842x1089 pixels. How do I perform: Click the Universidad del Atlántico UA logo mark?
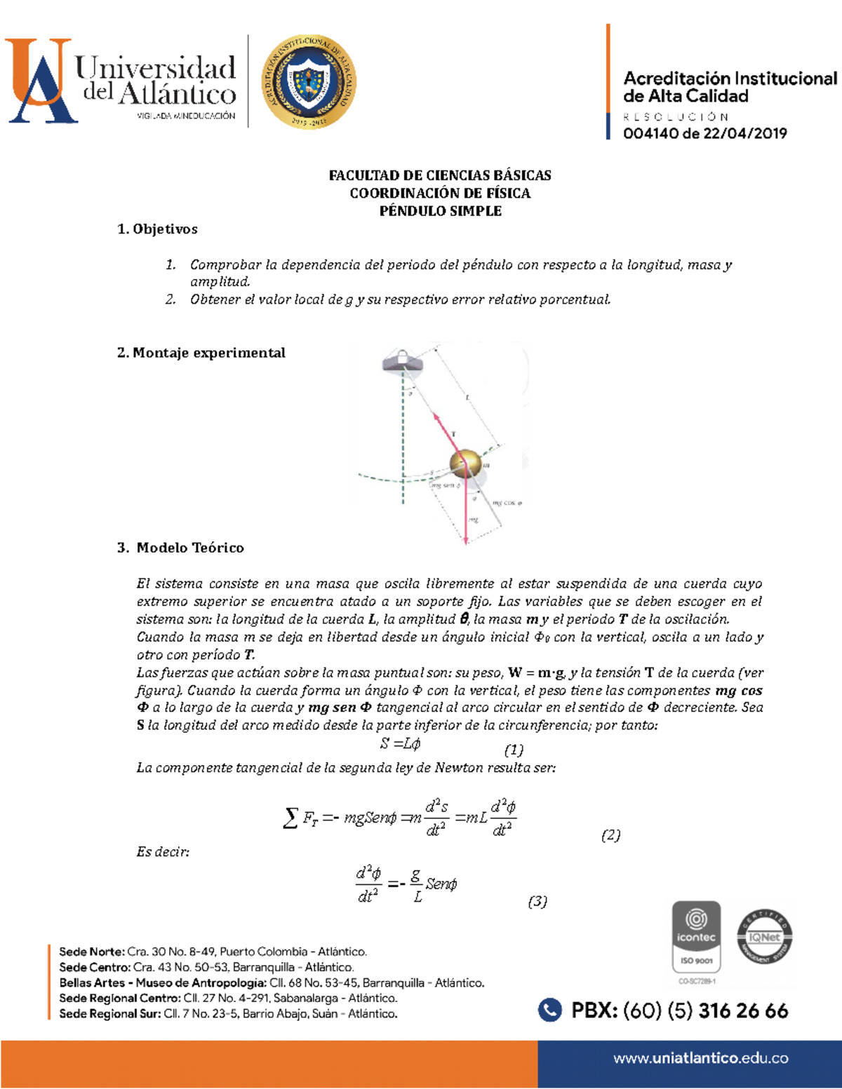(40, 81)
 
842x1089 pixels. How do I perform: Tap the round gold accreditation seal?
(309, 82)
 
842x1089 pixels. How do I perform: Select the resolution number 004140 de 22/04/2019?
(704, 133)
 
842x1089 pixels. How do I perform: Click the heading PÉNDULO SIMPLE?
(440, 211)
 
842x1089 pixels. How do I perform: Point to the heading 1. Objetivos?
(158, 229)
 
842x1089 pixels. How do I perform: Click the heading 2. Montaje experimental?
(201, 353)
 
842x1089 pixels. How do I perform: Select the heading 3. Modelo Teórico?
(181, 548)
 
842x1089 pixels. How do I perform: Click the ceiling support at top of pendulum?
(402, 361)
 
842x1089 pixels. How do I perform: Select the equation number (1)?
(514, 750)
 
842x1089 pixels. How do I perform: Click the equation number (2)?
(610, 834)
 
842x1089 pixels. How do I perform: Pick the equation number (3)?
(537, 901)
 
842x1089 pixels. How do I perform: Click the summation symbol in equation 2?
(290, 818)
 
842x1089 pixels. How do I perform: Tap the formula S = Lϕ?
(400, 744)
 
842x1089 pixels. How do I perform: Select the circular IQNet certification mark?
(765, 937)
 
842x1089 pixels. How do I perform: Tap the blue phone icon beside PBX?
(550, 1010)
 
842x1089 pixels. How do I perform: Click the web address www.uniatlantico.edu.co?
(700, 1058)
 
